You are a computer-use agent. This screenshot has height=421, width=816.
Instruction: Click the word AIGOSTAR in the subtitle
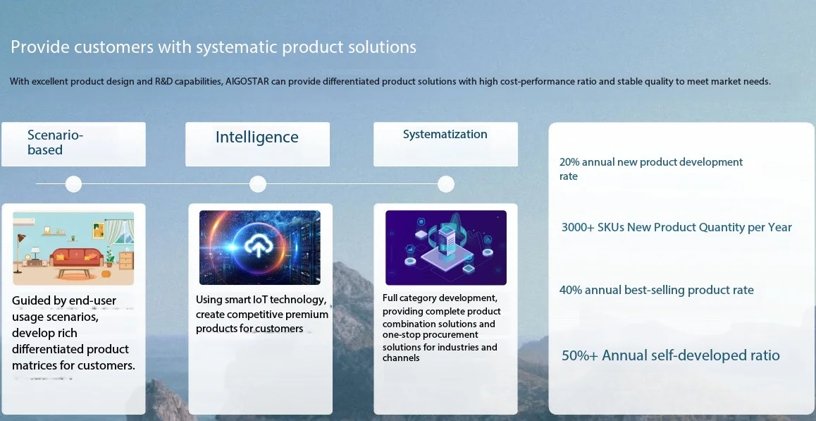tap(247, 82)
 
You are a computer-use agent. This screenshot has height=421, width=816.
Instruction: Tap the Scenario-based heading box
tap(73, 145)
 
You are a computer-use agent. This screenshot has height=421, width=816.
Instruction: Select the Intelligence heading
tap(257, 137)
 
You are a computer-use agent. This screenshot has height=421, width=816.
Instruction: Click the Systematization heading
tap(445, 135)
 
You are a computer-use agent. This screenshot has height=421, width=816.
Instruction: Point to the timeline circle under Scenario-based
tap(73, 184)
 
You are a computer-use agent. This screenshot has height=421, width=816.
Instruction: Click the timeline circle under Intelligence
tap(258, 184)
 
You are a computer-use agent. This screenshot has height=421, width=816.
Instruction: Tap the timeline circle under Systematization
tap(445, 184)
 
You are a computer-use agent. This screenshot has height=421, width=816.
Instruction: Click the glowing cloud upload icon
tap(258, 246)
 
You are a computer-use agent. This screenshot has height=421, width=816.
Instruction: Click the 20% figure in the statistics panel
tap(569, 162)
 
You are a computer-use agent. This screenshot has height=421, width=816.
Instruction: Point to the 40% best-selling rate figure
tap(570, 291)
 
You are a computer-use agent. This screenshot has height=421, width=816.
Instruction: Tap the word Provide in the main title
tap(40, 47)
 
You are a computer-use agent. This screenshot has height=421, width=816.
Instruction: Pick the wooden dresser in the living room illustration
tap(126, 260)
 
